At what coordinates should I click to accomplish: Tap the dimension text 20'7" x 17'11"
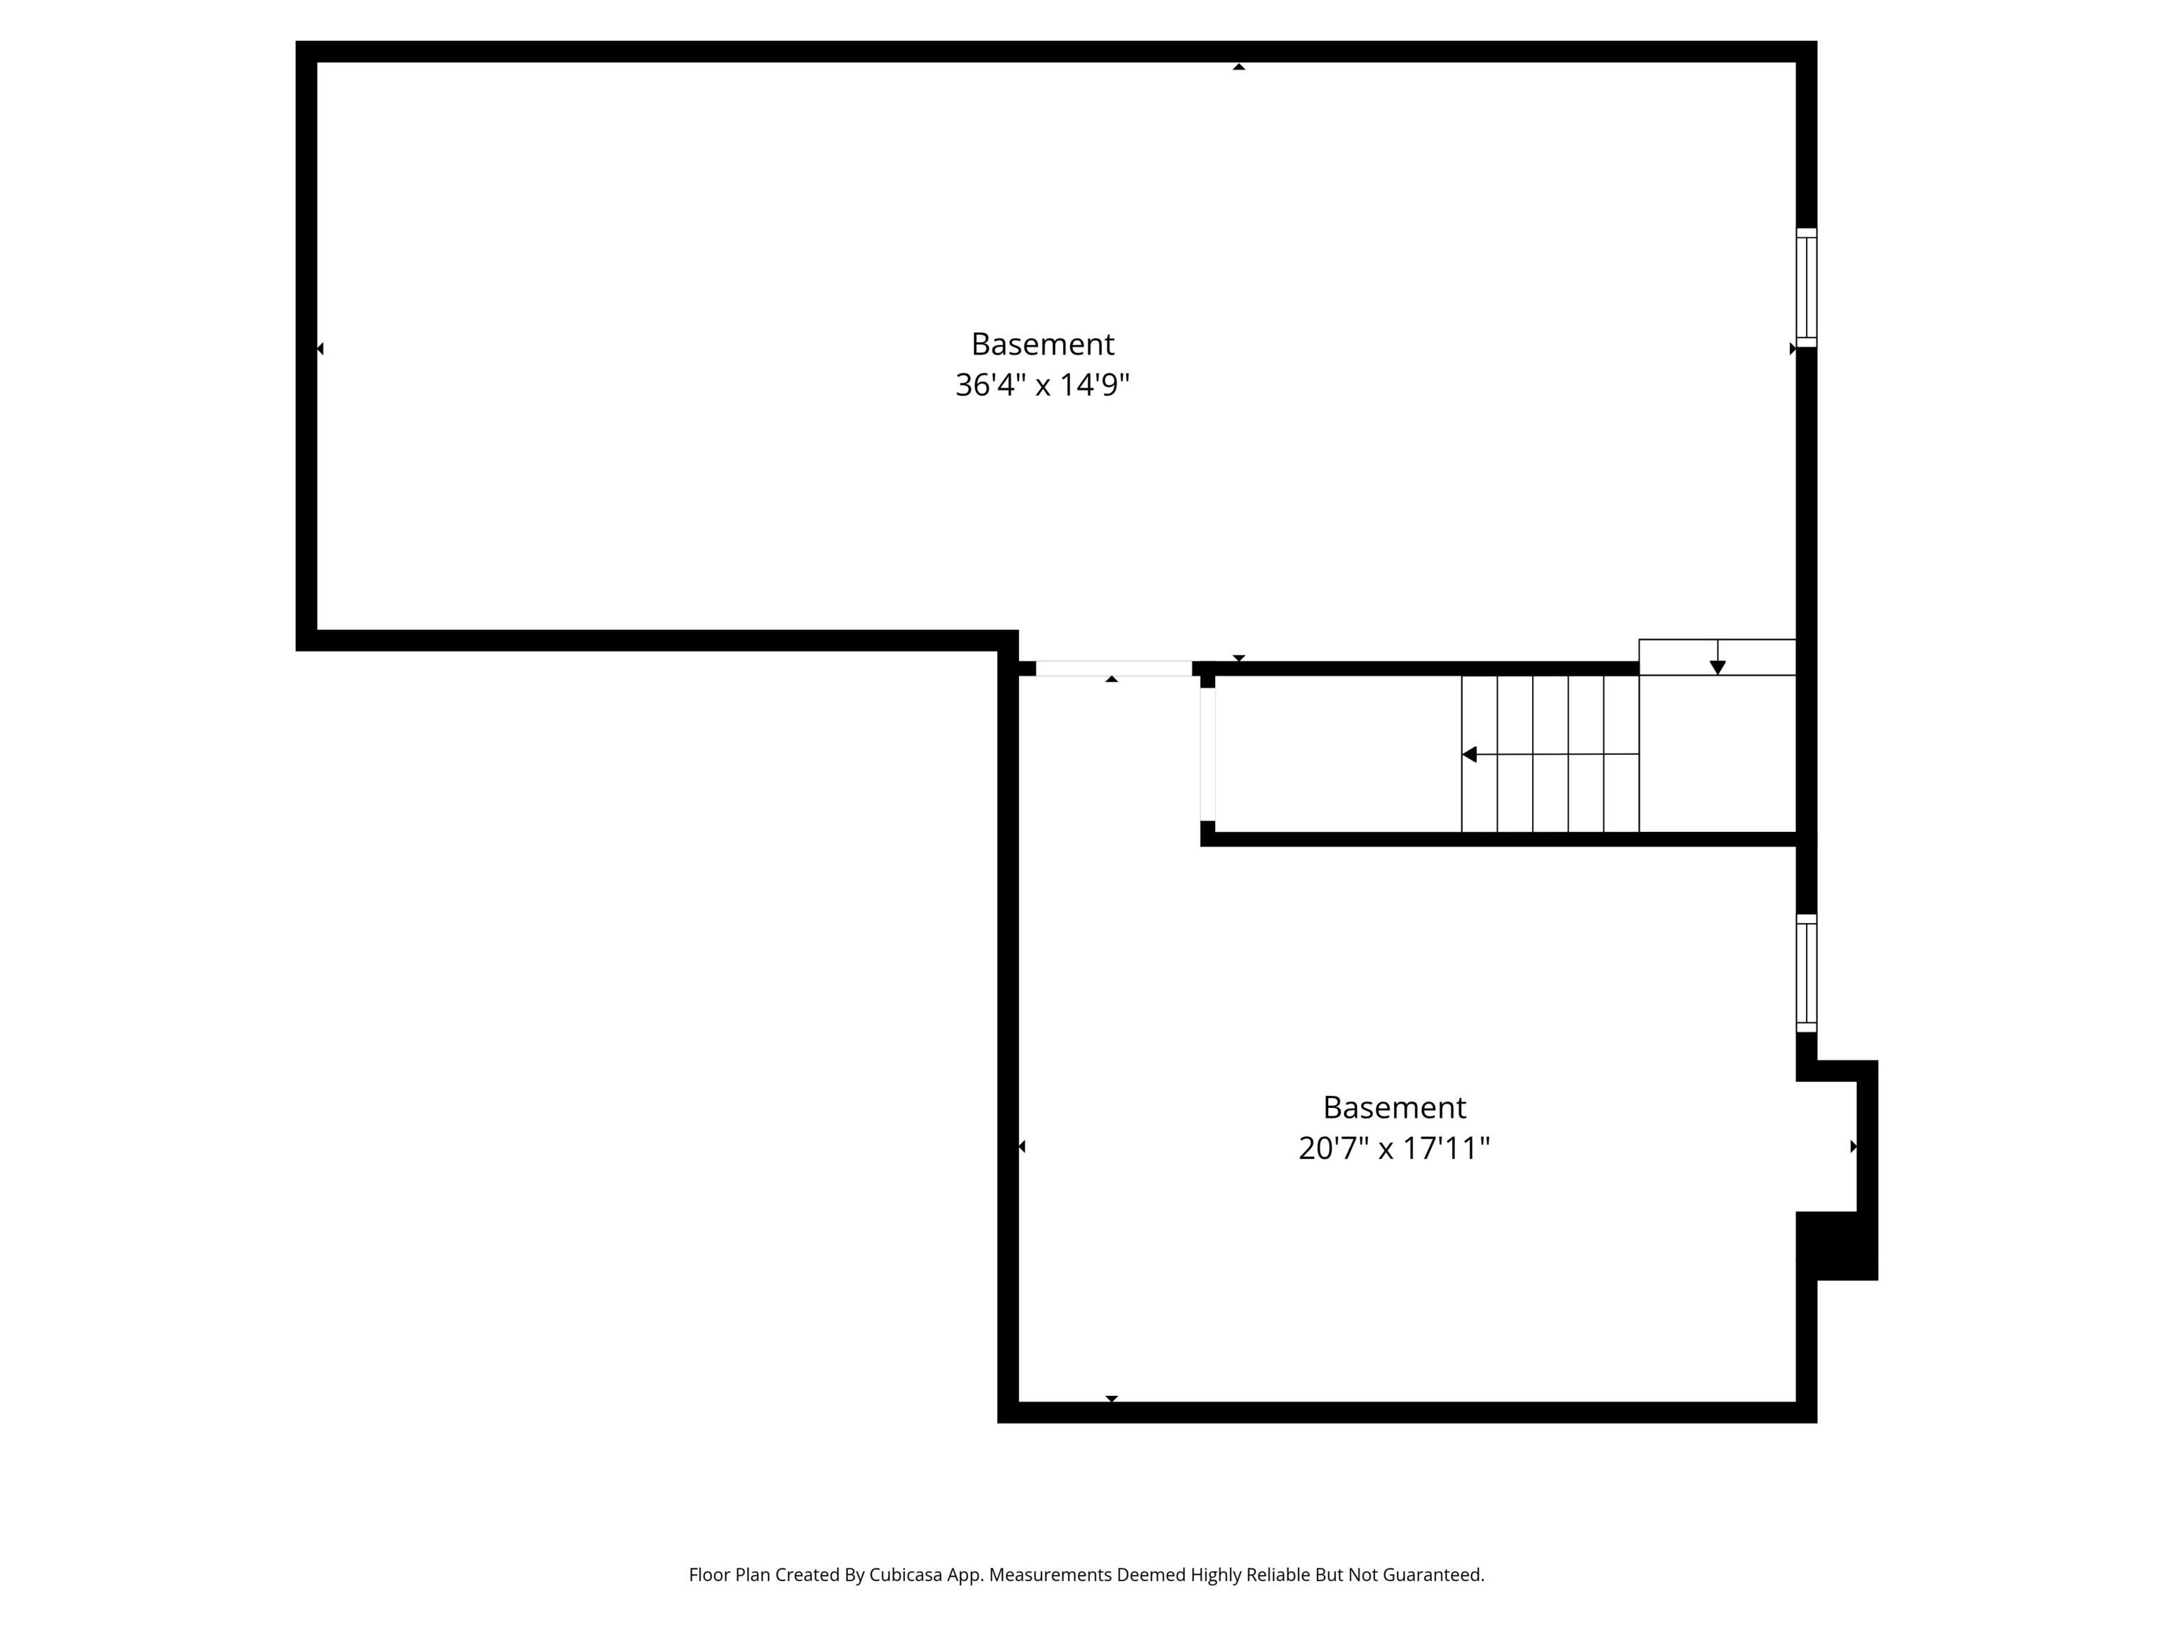(x=1393, y=1148)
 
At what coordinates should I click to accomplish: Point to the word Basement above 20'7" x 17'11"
(x=1393, y=1107)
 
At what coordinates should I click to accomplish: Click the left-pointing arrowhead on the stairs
(x=1469, y=755)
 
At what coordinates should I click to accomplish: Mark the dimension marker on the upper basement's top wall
(x=1238, y=67)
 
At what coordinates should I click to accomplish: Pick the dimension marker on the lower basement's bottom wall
(x=1112, y=1398)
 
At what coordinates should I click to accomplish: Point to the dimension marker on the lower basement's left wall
(x=1021, y=1147)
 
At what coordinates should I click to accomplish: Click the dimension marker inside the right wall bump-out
(x=1853, y=1147)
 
